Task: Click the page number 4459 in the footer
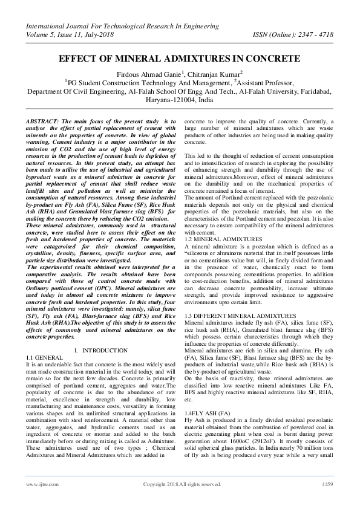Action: (327, 485)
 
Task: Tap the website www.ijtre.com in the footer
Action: (37, 485)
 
